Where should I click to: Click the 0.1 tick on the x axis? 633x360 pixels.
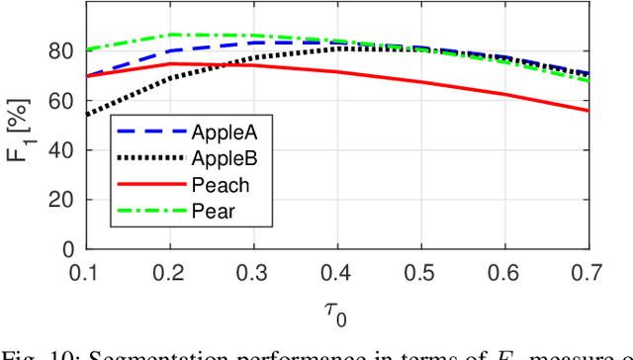(86, 271)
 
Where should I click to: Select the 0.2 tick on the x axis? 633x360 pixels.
(170, 271)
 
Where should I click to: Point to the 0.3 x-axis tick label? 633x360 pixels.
(253, 271)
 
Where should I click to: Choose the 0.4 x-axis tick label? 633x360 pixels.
(337, 271)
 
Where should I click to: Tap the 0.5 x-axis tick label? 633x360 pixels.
(421, 271)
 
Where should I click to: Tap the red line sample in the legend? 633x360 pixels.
(149, 183)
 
